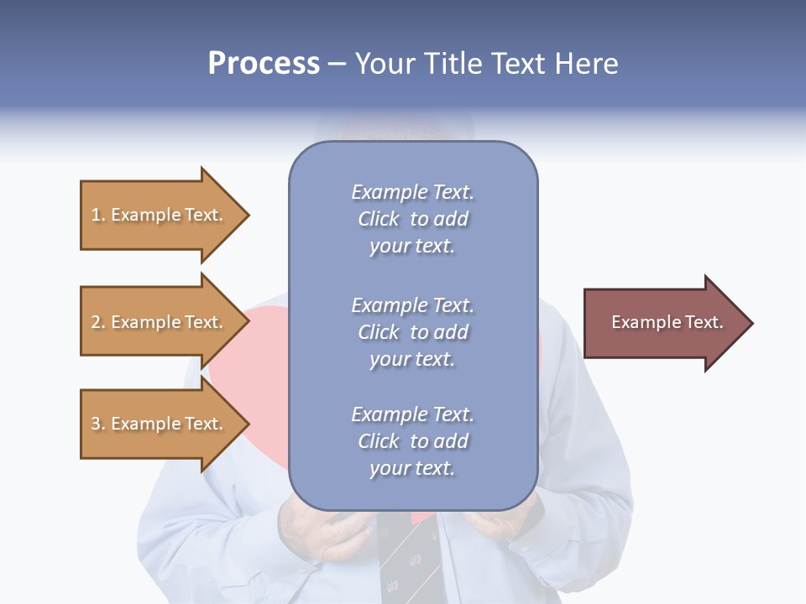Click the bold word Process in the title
[x=264, y=64]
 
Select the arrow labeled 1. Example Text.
[x=160, y=215]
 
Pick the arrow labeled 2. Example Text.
[x=160, y=322]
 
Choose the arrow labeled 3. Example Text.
[x=160, y=424]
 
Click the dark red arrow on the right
[x=663, y=322]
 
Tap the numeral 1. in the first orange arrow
[x=98, y=215]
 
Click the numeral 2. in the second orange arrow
[x=98, y=322]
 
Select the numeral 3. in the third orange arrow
[x=98, y=424]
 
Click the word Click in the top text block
[x=378, y=219]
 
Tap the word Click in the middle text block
[x=378, y=332]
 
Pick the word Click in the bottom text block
[x=378, y=441]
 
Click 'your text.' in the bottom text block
[x=412, y=468]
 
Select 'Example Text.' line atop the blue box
[x=412, y=192]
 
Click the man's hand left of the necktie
[x=323, y=537]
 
